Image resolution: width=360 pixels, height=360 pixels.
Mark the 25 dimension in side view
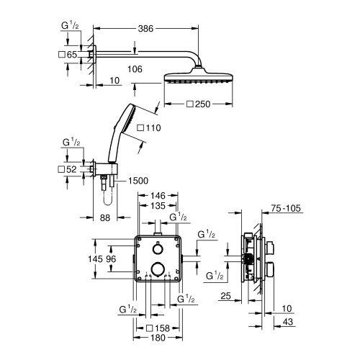225,296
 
